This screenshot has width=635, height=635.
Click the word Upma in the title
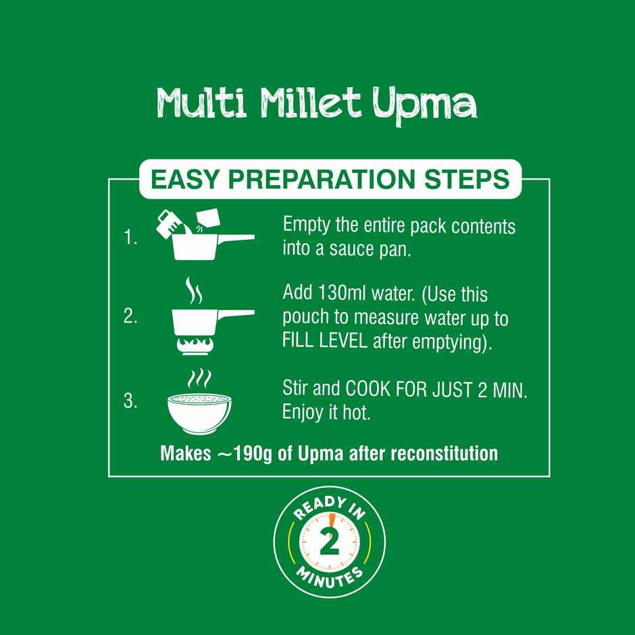pos(425,105)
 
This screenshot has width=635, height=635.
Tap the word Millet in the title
pos(310,103)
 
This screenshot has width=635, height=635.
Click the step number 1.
pos(130,237)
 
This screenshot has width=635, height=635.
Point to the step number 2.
pos(130,316)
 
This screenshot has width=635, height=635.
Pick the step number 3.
pos(130,401)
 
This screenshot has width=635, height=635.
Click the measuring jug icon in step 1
pos(170,223)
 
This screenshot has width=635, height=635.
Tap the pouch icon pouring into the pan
pos(208,219)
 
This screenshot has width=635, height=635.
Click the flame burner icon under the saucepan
pos(195,345)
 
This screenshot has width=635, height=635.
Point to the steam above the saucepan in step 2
pos(194,290)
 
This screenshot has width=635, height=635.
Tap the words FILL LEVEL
pos(324,341)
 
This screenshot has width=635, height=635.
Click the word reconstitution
pos(444,453)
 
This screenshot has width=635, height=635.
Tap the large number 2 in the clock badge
pos(329,542)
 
